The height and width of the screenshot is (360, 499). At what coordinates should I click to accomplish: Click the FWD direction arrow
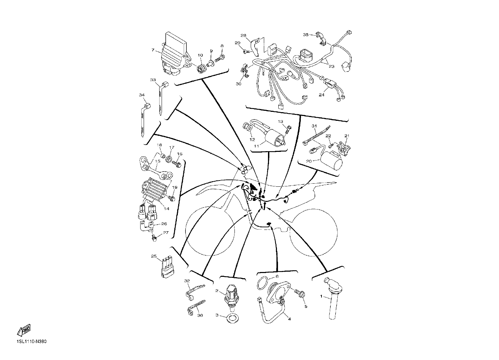[x=24, y=330]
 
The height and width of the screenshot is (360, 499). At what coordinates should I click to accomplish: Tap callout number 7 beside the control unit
[x=153, y=50]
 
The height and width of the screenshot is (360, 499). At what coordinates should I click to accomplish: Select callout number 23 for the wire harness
[x=332, y=66]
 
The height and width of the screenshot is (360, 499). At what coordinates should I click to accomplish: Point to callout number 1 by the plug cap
[x=321, y=296]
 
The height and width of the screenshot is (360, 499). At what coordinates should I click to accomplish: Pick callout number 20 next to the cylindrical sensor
[x=309, y=161]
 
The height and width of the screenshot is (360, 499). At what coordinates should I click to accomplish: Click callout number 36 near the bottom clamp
[x=200, y=315]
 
